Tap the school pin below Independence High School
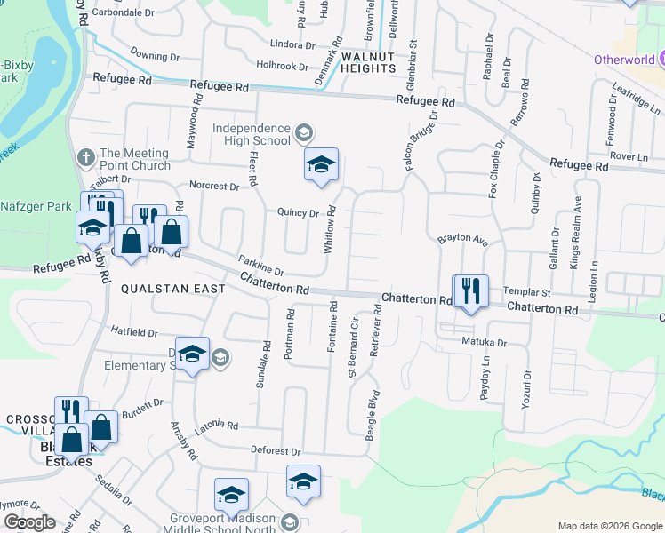click(321, 165)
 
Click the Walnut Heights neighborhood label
click(356, 61)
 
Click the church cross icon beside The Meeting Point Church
click(85, 158)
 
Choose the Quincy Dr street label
click(298, 213)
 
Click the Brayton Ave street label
click(463, 240)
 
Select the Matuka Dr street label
click(483, 342)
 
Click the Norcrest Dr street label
click(214, 187)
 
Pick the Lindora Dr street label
click(280, 44)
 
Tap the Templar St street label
click(527, 291)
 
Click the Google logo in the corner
click(29, 522)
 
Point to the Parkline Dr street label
click(260, 266)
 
